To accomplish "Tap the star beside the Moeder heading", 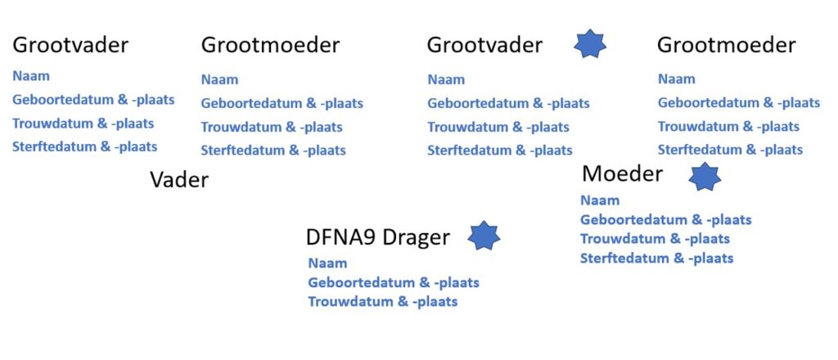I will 704,176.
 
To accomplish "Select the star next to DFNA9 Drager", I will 484,236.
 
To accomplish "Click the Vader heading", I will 179,180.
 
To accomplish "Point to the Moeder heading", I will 622,173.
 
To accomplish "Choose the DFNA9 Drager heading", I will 377,237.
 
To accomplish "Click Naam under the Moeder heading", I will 600,200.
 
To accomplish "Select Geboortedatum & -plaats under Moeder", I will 665,219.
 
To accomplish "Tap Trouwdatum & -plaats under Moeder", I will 655,239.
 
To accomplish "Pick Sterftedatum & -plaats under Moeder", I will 656,259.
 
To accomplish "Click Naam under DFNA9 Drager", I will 327,263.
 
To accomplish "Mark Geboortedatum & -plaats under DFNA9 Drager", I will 393,283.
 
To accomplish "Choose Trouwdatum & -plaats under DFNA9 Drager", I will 382,302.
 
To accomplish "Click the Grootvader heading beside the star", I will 484,45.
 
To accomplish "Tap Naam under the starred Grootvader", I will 446,79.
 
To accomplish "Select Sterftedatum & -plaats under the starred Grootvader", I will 499,151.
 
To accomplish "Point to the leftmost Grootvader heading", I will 70,44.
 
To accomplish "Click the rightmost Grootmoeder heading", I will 726,45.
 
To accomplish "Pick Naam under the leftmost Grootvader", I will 31,76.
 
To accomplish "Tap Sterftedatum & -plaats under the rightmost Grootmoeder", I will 730,150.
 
